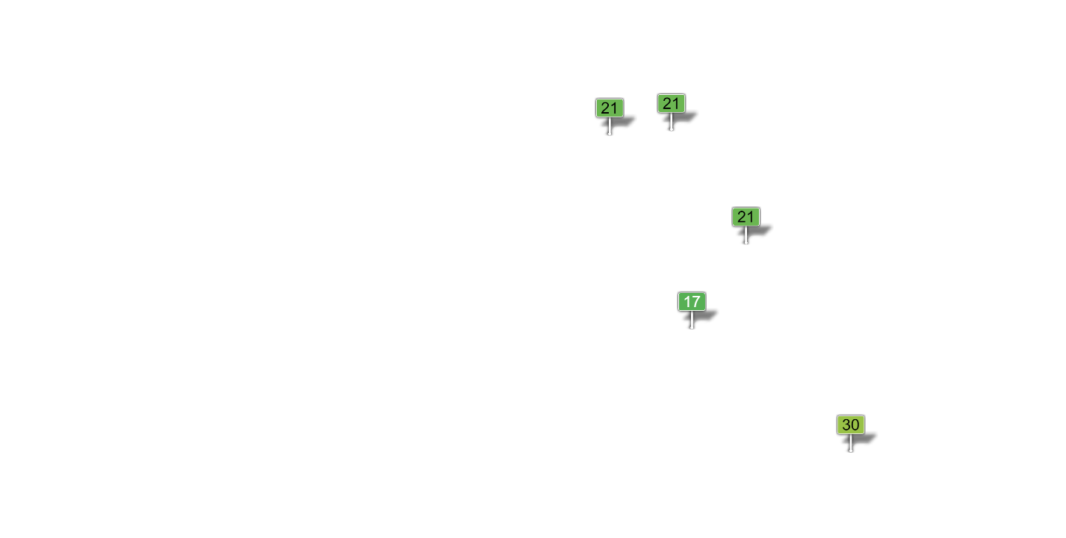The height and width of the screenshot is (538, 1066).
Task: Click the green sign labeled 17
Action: pyautogui.click(x=692, y=301)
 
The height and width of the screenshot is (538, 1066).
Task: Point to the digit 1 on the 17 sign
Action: pyautogui.click(x=687, y=301)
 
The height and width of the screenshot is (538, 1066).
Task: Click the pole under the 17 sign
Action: pyautogui.click(x=692, y=320)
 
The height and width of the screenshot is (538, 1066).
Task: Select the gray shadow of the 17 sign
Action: pyautogui.click(x=704, y=315)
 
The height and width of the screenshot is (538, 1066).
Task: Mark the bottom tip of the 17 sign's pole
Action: pyautogui.click(x=692, y=328)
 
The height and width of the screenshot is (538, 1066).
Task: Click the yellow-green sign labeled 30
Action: pyautogui.click(x=850, y=424)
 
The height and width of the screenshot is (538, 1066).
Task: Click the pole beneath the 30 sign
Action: pyautogui.click(x=850, y=443)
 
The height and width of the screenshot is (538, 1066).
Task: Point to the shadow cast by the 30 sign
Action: pyautogui.click(x=864, y=438)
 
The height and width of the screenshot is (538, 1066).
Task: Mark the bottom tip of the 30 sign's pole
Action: pyautogui.click(x=850, y=451)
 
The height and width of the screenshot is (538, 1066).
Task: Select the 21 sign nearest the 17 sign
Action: pyautogui.click(x=746, y=217)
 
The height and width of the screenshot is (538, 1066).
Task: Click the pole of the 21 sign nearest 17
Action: pyautogui.click(x=746, y=235)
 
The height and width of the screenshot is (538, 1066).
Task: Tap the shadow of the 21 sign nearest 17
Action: pyautogui.click(x=759, y=230)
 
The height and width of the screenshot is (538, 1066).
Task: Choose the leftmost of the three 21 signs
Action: pyautogui.click(x=609, y=108)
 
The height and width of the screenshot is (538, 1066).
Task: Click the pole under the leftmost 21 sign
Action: pyautogui.click(x=609, y=126)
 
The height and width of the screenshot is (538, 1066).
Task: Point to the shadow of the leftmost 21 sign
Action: pyautogui.click(x=622, y=121)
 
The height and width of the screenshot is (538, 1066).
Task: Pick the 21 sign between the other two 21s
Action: pyautogui.click(x=671, y=103)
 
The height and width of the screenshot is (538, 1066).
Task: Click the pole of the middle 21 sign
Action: pyautogui.click(x=671, y=121)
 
